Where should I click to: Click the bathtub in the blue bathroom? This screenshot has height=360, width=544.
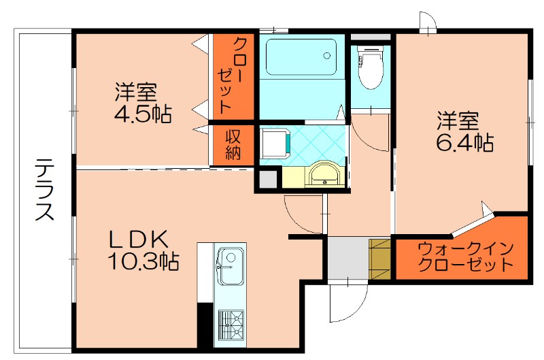click(x=301, y=57)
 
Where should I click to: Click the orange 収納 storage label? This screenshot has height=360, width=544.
click(x=233, y=144)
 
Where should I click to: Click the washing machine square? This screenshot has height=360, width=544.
click(x=276, y=144)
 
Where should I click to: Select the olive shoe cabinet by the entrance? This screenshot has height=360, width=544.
click(x=379, y=258)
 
